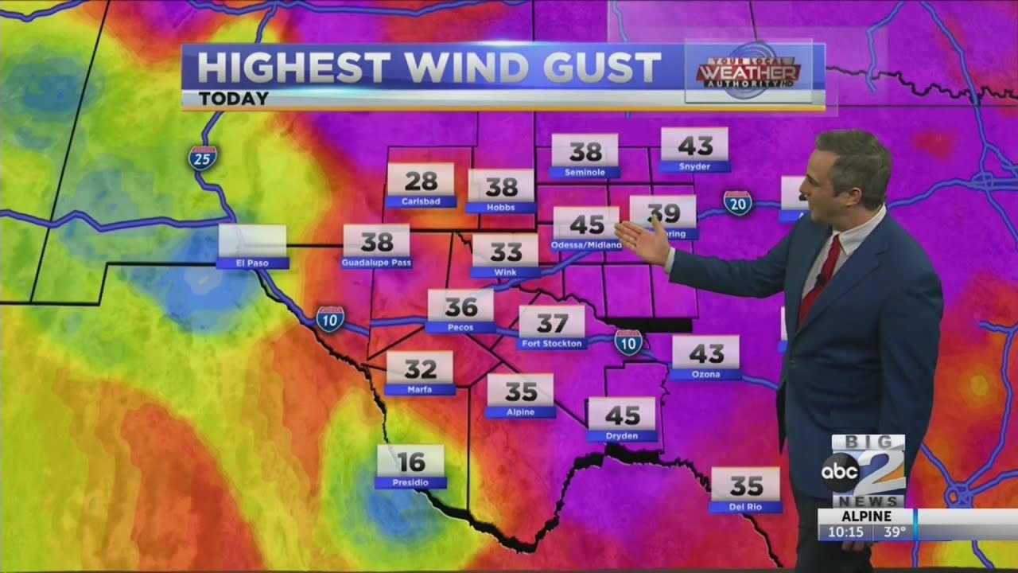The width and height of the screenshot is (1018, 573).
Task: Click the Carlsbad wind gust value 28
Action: pos(421,181)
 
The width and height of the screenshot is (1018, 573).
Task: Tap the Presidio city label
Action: pos(410,482)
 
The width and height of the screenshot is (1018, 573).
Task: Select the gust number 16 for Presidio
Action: pos(410,462)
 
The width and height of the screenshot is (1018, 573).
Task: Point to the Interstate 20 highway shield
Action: pos(738,203)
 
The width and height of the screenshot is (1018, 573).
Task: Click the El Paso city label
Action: pos(252,263)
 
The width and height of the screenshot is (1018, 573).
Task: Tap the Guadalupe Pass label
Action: pos(376,262)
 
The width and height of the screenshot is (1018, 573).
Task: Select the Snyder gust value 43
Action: pos(695,146)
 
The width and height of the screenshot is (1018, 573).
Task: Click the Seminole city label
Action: pos(585,172)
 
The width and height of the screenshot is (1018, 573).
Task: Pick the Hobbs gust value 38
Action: pos(501,188)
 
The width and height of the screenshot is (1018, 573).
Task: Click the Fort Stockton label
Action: pos(552,344)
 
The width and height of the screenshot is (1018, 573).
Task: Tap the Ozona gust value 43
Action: pos(706,353)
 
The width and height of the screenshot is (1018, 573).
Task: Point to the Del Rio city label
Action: pos(745,506)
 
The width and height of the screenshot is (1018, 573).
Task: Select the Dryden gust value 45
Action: pos(622,415)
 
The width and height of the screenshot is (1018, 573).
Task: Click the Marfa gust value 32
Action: pos(420,369)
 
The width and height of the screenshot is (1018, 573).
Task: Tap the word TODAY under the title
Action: pos(233,99)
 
